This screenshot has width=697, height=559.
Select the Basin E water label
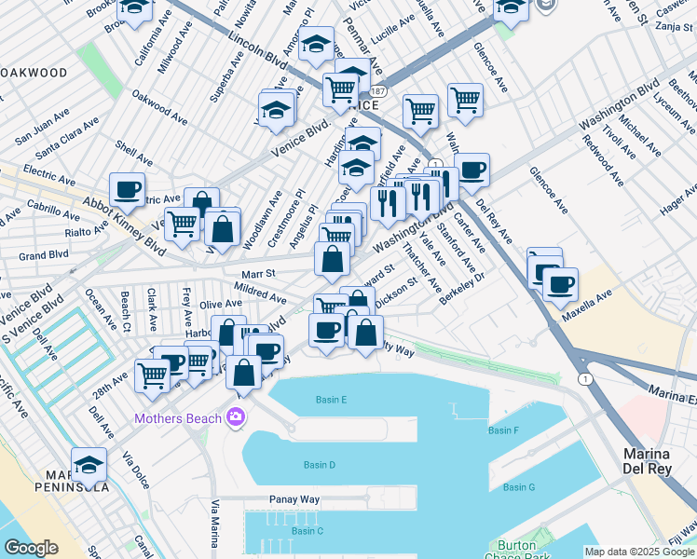pyautogui.click(x=331, y=400)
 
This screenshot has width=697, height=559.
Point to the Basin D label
pyautogui.click(x=319, y=465)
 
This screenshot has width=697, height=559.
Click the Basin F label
pyautogui.click(x=503, y=430)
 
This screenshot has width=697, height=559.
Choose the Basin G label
pyautogui.click(x=518, y=487)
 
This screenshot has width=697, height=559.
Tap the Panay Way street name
pyautogui.click(x=294, y=499)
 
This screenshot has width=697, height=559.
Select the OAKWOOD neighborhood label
pyautogui.click(x=34, y=73)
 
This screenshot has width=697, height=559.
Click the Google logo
pyautogui.click(x=31, y=548)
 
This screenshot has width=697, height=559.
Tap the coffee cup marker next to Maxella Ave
pyautogui.click(x=560, y=285)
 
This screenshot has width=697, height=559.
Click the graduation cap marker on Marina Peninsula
pyautogui.click(x=89, y=465)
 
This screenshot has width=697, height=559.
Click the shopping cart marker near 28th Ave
pyautogui.click(x=152, y=376)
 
